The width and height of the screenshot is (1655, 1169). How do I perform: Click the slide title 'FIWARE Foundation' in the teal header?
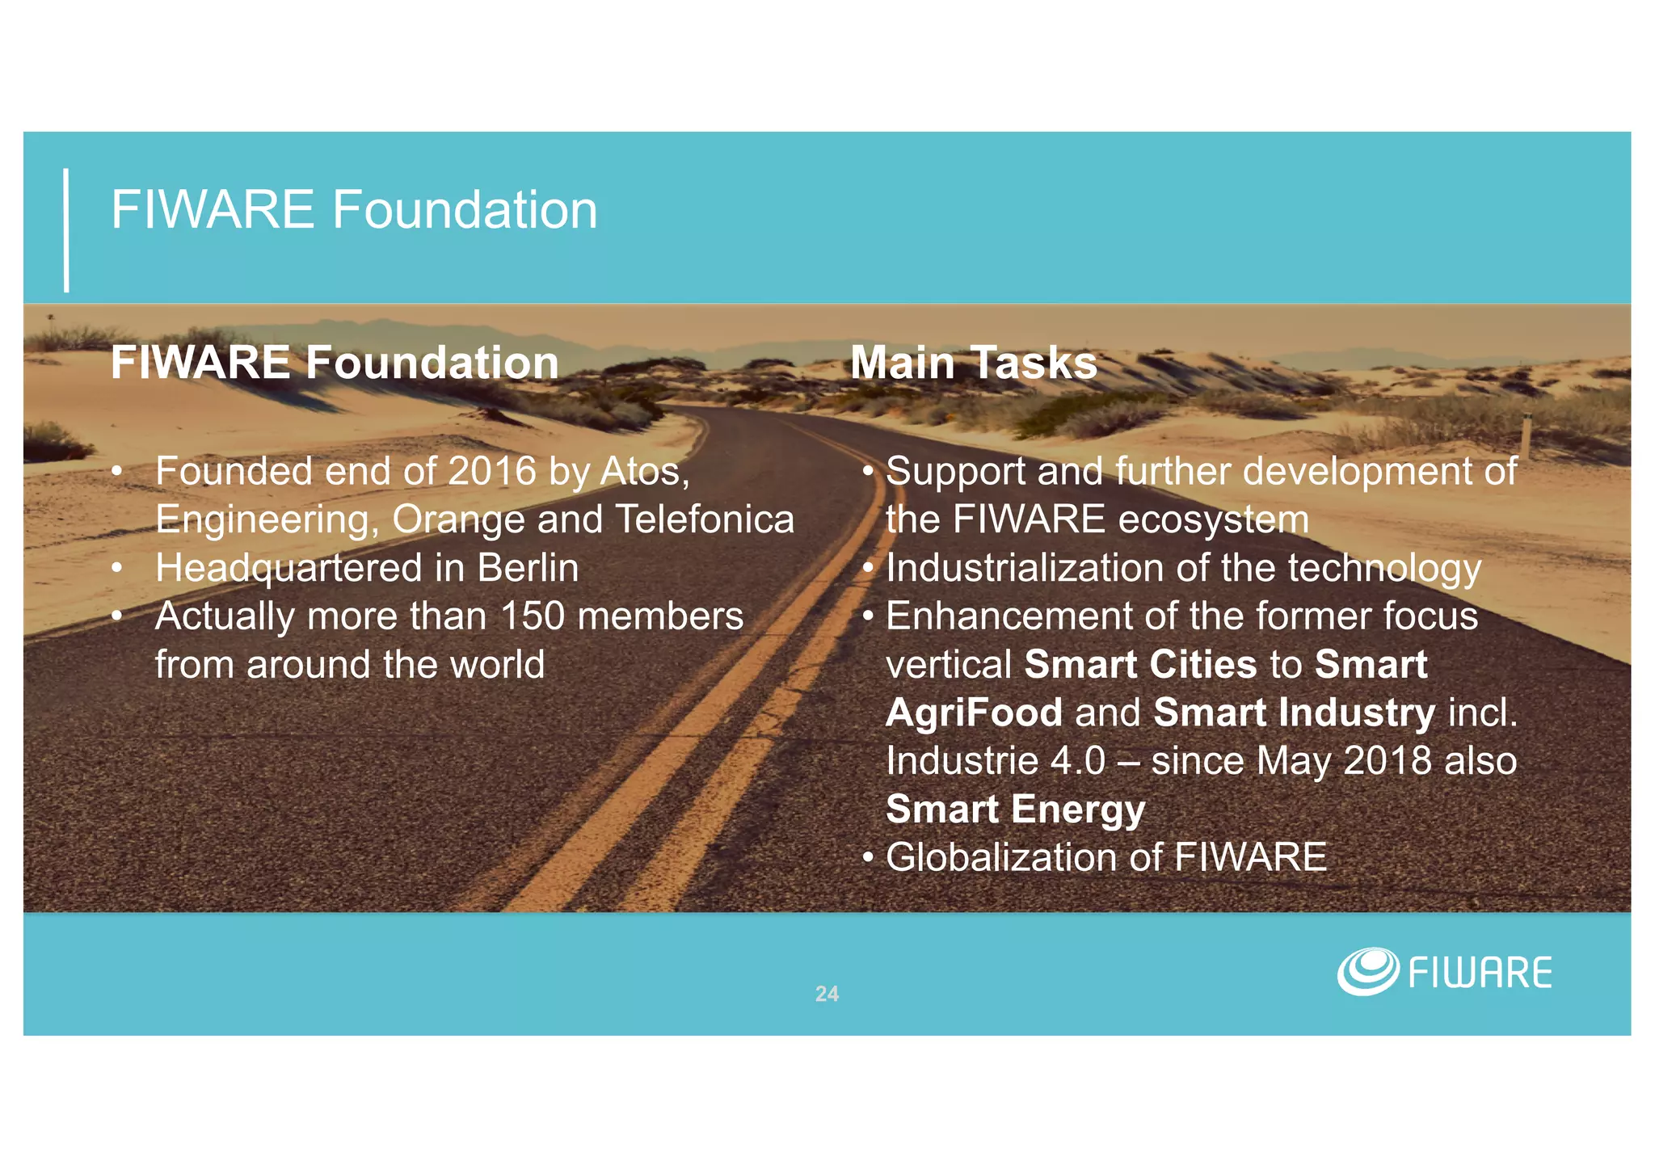[x=354, y=210]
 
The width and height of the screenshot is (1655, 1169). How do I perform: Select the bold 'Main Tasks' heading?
[x=974, y=363]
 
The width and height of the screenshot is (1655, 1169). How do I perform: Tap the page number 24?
[x=827, y=994]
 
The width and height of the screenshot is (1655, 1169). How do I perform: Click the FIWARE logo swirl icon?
[x=1367, y=971]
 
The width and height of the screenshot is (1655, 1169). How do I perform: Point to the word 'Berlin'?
[x=528, y=568]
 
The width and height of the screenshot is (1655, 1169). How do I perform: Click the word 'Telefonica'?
[x=705, y=519]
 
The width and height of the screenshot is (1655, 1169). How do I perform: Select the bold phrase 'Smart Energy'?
[x=1016, y=809]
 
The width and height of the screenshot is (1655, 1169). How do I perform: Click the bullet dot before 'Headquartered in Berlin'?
[x=118, y=569]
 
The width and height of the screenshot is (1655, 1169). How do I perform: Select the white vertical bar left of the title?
[x=66, y=230]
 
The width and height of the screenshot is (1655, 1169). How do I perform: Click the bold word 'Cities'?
[x=1202, y=665]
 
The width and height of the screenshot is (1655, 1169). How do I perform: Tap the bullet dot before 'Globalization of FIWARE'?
[x=868, y=858]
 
